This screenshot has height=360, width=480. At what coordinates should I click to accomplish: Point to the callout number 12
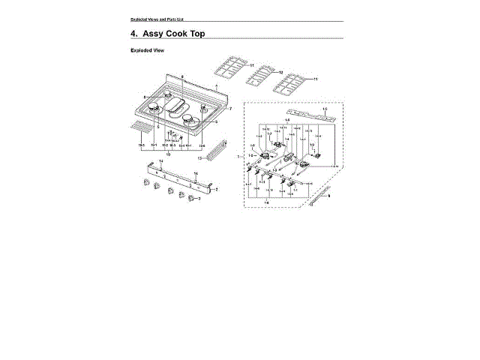pyautogui.click(x=280, y=72)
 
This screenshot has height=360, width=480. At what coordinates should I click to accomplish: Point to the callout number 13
pyautogui.click(x=199, y=158)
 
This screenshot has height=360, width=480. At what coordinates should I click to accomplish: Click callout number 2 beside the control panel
pyautogui.click(x=216, y=190)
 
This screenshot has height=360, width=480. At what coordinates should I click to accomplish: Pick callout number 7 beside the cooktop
pyautogui.click(x=230, y=109)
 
